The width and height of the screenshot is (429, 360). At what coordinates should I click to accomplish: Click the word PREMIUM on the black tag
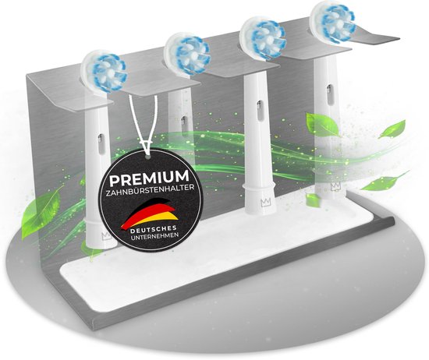pyautogui.click(x=149, y=178)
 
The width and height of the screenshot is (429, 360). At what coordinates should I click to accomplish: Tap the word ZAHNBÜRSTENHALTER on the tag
pyautogui.click(x=151, y=191)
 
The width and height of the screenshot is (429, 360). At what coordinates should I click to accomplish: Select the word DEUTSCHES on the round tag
pyautogui.click(x=153, y=229)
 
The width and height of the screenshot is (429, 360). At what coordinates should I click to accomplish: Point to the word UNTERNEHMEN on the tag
pyautogui.click(x=154, y=237)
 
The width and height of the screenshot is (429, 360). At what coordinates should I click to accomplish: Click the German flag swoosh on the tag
pyautogui.click(x=149, y=214)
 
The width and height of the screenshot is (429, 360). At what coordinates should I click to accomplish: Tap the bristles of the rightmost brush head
pyautogui.click(x=334, y=22)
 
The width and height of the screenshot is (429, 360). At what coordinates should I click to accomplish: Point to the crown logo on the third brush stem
pyautogui.click(x=265, y=203)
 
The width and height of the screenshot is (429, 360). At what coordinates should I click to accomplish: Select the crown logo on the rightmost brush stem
pyautogui.click(x=335, y=186)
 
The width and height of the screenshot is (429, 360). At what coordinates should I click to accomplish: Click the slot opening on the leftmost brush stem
pyautogui.click(x=101, y=139)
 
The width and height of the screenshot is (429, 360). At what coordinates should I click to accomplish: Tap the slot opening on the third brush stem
pyautogui.click(x=259, y=106)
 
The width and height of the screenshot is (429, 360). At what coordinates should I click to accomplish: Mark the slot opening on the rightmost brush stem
pyautogui.click(x=329, y=90)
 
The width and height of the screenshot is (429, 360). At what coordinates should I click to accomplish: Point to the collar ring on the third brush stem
pyautogui.click(x=258, y=188)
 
